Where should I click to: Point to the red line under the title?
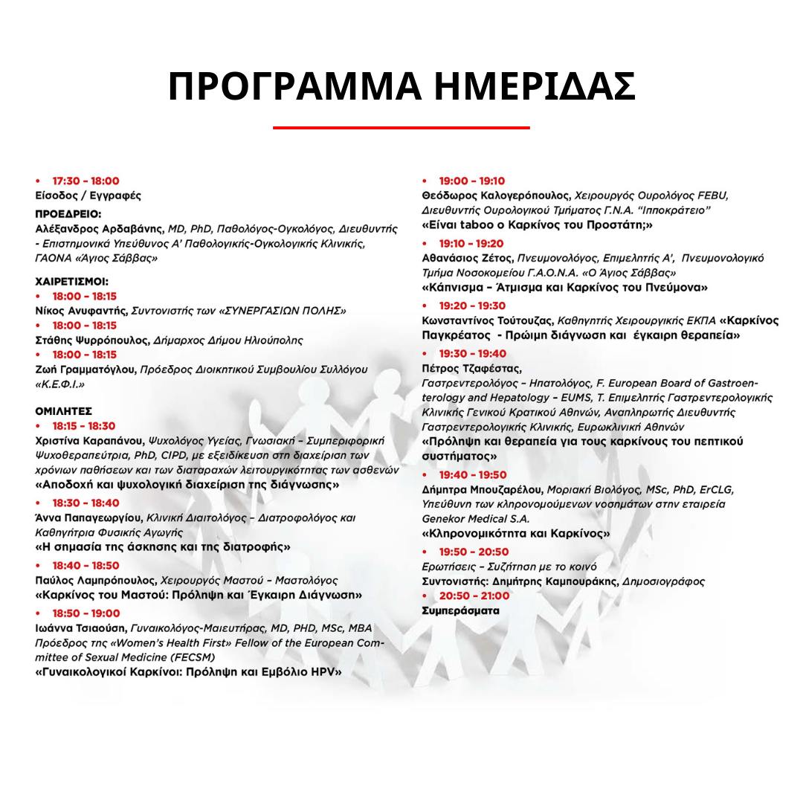point(401,128)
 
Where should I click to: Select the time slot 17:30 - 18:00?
point(86,181)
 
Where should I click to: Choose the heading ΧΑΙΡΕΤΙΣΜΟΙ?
point(72,282)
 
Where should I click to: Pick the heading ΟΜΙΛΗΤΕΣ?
point(64,410)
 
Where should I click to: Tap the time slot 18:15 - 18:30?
point(84,426)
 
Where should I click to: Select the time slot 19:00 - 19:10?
point(471,181)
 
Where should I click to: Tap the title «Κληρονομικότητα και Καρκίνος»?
point(516,533)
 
